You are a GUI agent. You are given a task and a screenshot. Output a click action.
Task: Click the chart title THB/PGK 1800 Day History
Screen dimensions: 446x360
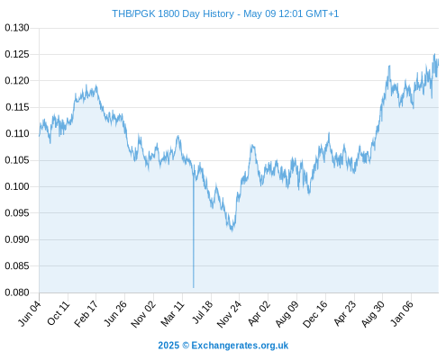coord(173,13)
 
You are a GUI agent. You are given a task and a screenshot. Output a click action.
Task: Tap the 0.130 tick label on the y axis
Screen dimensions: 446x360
coord(17,28)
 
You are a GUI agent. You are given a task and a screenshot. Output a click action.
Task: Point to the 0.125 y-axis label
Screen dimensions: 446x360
coord(17,54)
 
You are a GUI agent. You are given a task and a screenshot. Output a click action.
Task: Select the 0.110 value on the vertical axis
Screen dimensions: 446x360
coord(17,133)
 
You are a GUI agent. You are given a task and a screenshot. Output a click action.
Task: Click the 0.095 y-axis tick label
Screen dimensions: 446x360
coord(17,213)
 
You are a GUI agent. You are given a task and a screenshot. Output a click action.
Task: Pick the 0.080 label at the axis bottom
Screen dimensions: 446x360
coord(17,292)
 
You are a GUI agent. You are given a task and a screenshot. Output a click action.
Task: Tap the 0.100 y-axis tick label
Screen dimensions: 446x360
coord(17,186)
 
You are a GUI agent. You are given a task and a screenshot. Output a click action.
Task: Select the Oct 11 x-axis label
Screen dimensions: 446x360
coord(59,313)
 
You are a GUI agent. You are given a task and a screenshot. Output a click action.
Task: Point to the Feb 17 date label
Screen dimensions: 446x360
coord(86,314)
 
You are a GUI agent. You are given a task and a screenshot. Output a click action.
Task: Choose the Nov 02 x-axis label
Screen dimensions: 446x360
coord(143,314)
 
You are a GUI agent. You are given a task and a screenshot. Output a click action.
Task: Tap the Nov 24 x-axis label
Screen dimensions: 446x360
coord(229,314)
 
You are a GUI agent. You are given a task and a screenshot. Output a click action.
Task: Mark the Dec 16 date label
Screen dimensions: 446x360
coord(315,314)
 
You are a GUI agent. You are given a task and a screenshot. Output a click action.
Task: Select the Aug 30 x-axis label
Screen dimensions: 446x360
coord(373,314)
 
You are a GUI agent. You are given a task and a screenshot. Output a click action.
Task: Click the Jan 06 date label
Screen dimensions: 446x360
coord(403,313)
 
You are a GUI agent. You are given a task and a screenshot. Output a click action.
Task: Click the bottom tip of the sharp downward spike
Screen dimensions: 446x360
coord(194,287)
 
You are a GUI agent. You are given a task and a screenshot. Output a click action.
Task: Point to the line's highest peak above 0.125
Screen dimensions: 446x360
coord(434,54)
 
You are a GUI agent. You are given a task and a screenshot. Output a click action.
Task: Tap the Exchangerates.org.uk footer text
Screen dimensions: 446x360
coord(240,346)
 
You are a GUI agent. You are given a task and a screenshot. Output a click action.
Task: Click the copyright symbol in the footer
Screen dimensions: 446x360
coord(186,346)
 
